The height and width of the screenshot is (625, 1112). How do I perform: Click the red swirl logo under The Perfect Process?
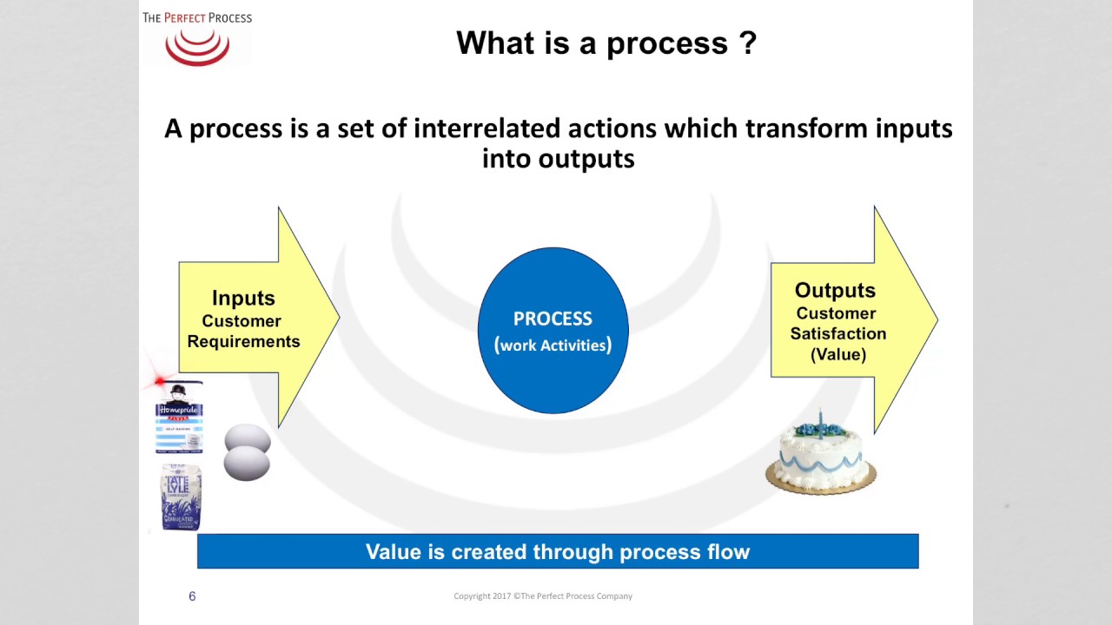197,47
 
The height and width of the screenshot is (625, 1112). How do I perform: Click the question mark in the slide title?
747,43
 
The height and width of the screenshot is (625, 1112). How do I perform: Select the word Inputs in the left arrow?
243,298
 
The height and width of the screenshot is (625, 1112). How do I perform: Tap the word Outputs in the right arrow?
835,290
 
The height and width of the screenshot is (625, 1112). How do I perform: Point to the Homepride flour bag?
179,418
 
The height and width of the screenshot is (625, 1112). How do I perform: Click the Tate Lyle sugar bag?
181,497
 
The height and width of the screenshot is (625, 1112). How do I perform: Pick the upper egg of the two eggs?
248,438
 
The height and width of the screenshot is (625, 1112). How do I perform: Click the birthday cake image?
821,460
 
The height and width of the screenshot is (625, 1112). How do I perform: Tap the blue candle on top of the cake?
819,423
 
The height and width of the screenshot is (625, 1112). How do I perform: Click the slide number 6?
192,596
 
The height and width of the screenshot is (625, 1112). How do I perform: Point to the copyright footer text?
543,596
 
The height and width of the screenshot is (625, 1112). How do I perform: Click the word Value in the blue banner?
392,552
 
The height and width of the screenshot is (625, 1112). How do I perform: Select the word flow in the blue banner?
727,552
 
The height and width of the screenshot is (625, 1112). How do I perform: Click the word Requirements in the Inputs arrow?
243,341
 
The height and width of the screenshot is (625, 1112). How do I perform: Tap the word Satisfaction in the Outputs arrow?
838,333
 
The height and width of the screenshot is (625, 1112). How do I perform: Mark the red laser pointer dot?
160,381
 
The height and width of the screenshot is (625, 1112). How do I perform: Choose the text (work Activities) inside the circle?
553,345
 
